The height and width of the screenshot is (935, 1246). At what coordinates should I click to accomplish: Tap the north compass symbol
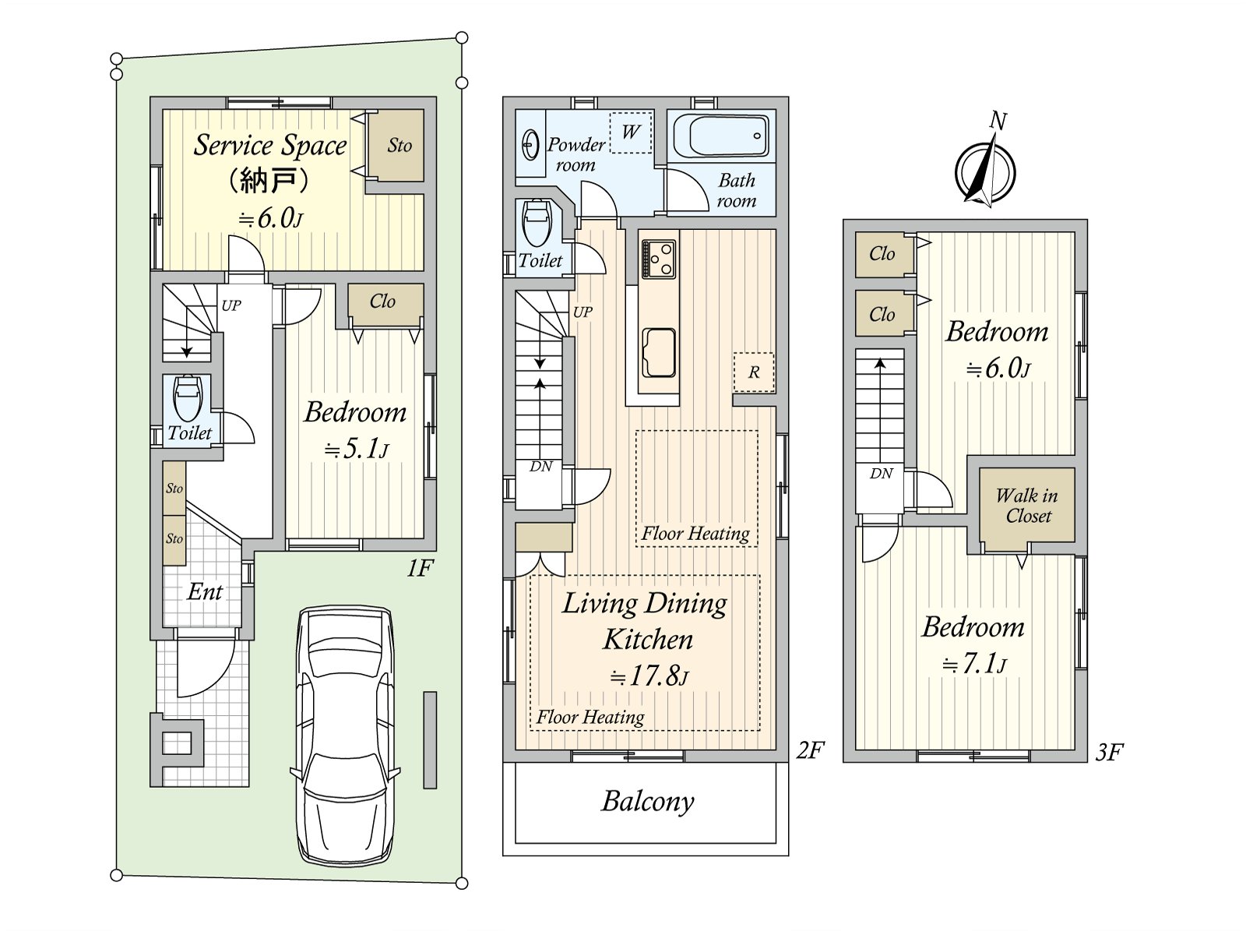coord(985,168)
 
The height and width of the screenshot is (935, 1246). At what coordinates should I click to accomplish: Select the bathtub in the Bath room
coord(721,136)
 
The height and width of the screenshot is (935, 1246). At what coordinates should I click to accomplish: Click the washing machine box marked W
coord(630,132)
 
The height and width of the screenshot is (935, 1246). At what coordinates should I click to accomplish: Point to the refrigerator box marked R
coord(754,372)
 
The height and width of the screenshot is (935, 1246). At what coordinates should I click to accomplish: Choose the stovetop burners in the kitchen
coord(659,259)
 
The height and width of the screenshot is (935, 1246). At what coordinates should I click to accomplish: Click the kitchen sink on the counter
coord(659,352)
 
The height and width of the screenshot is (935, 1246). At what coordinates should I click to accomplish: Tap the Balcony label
coord(647,801)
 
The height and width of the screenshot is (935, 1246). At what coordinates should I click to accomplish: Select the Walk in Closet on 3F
coord(1027,505)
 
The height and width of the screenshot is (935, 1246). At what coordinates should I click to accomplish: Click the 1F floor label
coord(420,568)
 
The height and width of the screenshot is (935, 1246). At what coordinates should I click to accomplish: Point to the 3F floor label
coord(1109,752)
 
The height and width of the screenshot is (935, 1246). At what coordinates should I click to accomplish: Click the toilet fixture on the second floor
coord(537,221)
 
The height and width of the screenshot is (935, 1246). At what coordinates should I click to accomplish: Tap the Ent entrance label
coord(204,592)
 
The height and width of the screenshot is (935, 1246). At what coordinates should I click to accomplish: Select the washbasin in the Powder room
coord(530,146)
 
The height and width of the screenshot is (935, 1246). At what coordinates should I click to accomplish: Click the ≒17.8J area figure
coord(648,676)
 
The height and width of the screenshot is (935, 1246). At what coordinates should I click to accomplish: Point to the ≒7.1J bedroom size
coord(974,664)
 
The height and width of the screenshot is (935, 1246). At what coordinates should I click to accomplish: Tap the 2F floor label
coord(810,750)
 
